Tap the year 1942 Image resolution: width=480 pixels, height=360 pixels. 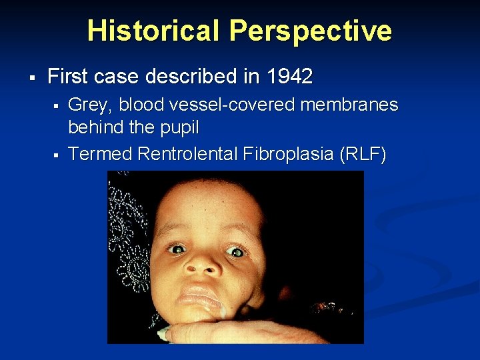pos(289,77)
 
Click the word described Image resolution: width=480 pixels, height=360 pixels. pos(196,77)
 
